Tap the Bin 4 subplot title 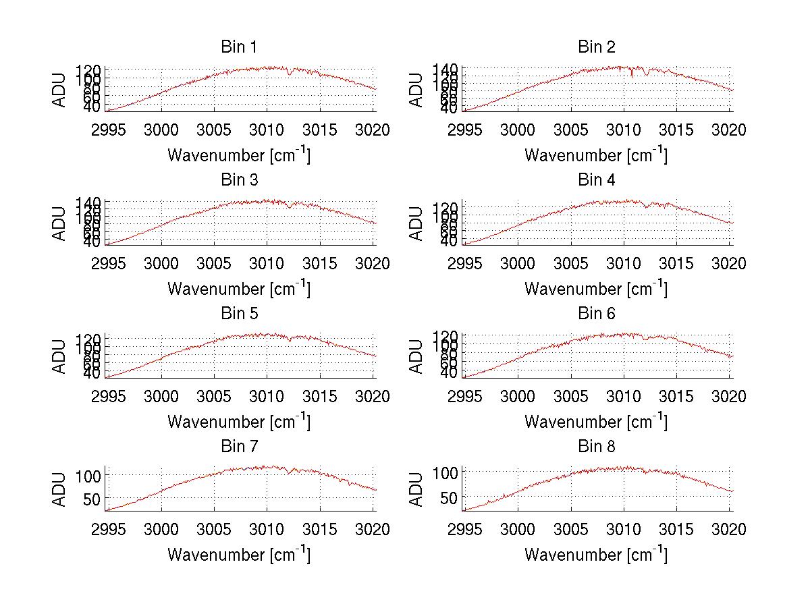(596, 180)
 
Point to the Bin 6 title (596, 314)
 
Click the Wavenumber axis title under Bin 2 (595, 155)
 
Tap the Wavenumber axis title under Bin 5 (238, 422)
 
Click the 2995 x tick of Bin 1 (109, 130)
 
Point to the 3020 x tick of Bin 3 (373, 263)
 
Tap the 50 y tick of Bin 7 (93, 499)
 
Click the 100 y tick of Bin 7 (90, 475)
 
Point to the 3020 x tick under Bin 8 (730, 530)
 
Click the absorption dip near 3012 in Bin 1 (290, 73)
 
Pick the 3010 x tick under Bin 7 (267, 530)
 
